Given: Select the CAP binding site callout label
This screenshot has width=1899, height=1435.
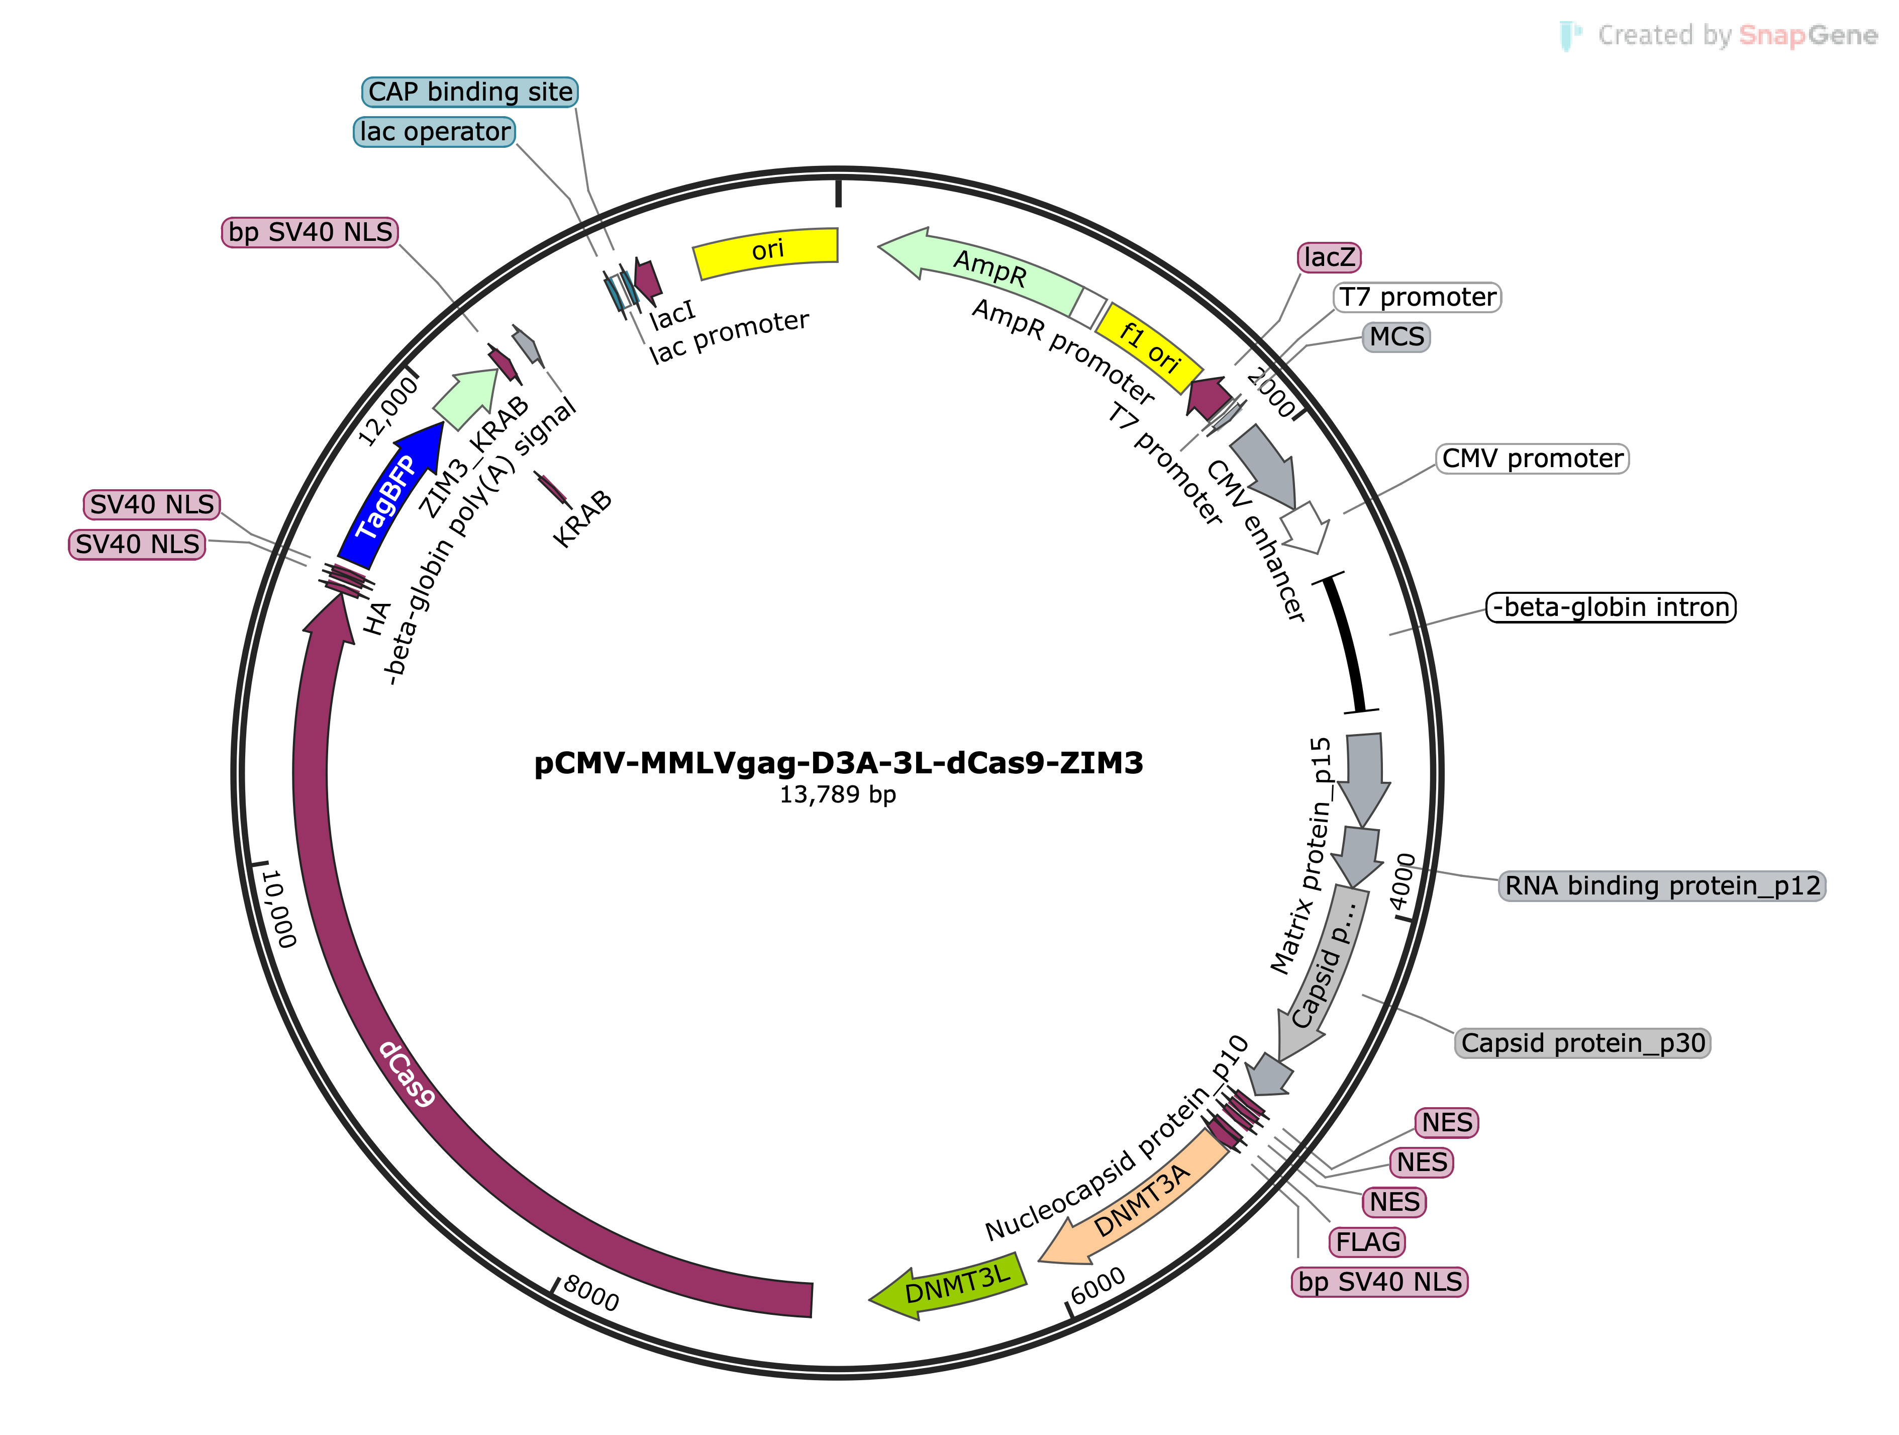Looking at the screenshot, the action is point(469,92).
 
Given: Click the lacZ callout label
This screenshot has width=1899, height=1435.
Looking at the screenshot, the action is point(1329,257).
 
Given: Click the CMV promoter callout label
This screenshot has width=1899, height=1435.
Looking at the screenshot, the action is point(1533,459).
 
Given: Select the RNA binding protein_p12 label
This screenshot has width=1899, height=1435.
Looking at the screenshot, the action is point(1662,885).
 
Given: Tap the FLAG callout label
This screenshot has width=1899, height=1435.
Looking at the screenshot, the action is point(1367,1242).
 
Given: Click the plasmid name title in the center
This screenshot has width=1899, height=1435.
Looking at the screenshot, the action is point(839,763).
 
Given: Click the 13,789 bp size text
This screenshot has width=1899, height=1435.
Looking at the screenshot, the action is point(838,794).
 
